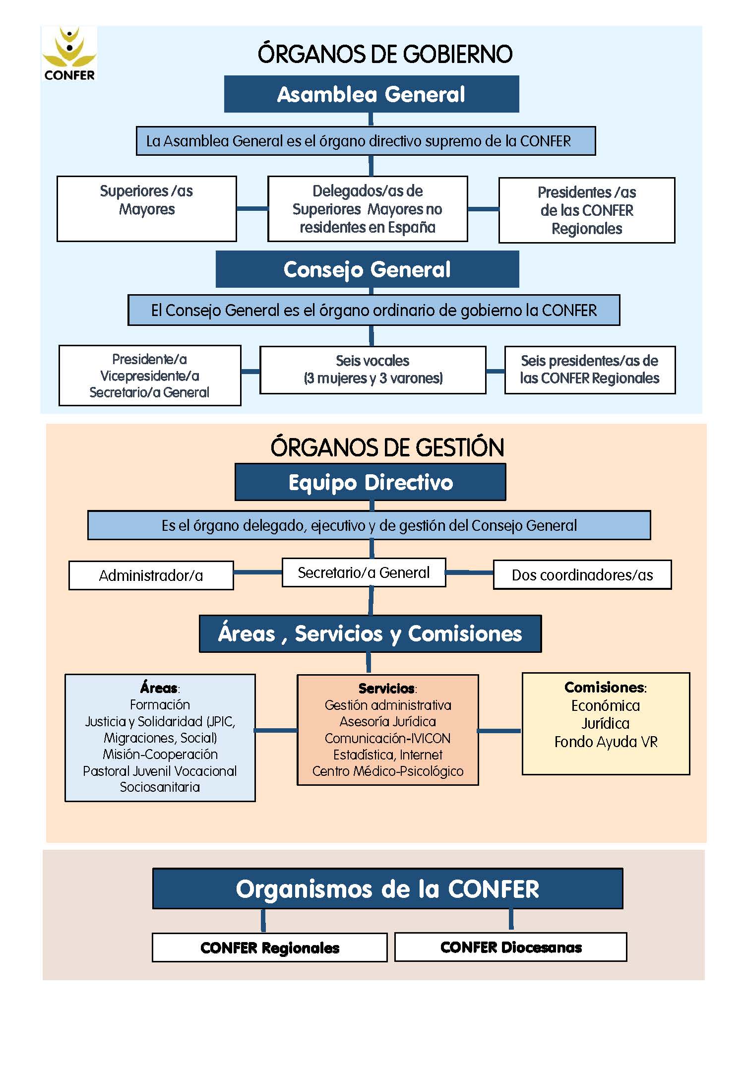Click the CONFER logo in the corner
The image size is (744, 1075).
(x=69, y=54)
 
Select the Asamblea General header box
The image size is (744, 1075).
(x=372, y=94)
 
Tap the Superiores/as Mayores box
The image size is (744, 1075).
(x=147, y=209)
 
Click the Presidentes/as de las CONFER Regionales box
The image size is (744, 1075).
(x=587, y=210)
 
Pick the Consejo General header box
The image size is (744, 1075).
(x=368, y=269)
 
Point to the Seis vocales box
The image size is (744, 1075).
(x=373, y=370)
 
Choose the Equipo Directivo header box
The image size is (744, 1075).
(x=371, y=482)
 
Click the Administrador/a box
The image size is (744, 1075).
(x=151, y=575)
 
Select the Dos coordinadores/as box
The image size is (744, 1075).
(x=582, y=575)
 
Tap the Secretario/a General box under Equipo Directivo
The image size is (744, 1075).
(x=364, y=572)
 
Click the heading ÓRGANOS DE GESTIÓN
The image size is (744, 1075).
(x=387, y=447)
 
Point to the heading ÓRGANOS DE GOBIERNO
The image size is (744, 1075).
(x=385, y=54)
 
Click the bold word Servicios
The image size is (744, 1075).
(x=386, y=689)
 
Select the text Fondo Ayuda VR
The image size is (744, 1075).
(x=606, y=742)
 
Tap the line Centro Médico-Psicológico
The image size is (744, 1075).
(x=388, y=771)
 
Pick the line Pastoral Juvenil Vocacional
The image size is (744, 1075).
(x=160, y=771)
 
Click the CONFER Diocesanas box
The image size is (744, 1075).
(x=511, y=947)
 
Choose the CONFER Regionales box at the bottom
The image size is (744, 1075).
(x=270, y=948)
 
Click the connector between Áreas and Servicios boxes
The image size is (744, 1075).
(x=276, y=730)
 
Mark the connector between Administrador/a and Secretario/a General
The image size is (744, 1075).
(x=258, y=572)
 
